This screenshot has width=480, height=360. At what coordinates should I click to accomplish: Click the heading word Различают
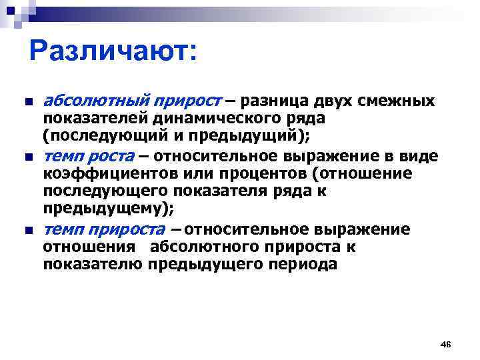coord(113,51)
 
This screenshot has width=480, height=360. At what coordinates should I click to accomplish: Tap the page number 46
coord(446,343)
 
